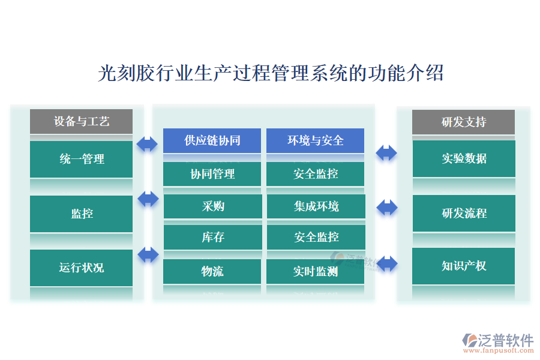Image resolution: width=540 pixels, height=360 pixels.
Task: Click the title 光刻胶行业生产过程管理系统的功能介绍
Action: (270, 73)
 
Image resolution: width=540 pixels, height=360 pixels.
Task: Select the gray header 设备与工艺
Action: (82, 121)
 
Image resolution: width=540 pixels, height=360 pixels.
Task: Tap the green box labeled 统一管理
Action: (82, 159)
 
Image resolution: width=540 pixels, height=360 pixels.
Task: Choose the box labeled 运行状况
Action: (82, 268)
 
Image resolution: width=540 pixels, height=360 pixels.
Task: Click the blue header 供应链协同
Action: (212, 140)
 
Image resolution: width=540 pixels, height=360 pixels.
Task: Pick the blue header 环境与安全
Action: (315, 140)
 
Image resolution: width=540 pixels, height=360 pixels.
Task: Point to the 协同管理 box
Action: (212, 174)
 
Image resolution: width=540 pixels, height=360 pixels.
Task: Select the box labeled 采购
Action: (212, 206)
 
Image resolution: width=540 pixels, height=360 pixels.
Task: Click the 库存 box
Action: (212, 238)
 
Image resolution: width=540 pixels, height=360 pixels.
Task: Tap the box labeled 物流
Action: (212, 271)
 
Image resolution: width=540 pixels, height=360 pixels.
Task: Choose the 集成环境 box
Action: (315, 206)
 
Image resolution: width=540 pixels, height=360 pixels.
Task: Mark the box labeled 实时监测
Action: (315, 271)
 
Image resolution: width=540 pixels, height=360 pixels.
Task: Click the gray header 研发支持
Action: (463, 122)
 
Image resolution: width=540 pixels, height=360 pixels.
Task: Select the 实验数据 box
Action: (463, 158)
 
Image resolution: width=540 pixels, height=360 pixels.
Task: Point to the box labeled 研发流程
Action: (463, 213)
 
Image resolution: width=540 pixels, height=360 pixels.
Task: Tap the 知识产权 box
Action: (463, 266)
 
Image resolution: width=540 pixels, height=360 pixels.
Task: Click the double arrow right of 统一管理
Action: (147, 144)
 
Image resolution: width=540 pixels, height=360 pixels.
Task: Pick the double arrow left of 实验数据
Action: (386, 152)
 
